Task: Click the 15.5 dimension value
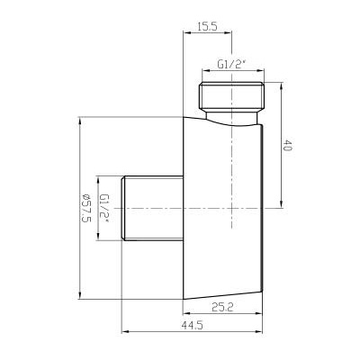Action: [207, 27]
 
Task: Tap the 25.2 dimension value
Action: [222, 307]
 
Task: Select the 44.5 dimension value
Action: [192, 325]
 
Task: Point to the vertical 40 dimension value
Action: [287, 145]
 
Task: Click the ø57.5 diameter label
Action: [85, 208]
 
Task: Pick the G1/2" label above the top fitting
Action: [231, 65]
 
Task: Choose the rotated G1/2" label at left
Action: [104, 208]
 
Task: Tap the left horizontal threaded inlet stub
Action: [152, 208]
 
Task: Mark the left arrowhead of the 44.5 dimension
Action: [123, 332]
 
